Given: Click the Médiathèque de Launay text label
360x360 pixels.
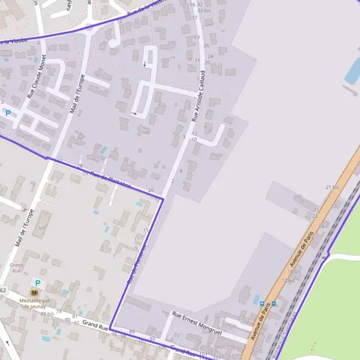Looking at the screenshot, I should click(x=35, y=303).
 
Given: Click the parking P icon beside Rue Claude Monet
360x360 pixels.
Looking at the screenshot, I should click(x=8, y=113).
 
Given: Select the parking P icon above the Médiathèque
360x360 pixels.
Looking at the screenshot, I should click(x=38, y=283).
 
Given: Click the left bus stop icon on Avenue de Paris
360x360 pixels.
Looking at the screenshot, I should click(x=262, y=303).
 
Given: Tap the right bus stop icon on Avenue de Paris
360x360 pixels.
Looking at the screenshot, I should click(x=274, y=303).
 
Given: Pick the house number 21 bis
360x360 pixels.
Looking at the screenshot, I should click(x=332, y=188).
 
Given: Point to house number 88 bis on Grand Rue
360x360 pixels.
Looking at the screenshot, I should click(x=47, y=313).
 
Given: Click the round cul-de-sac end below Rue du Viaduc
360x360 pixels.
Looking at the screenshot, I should click(x=113, y=43).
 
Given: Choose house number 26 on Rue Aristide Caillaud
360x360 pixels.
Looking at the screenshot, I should click(x=206, y=46).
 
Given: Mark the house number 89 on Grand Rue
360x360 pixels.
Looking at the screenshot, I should click(x=132, y=332).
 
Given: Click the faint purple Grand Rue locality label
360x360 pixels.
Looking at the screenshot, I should click(x=16, y=268).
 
